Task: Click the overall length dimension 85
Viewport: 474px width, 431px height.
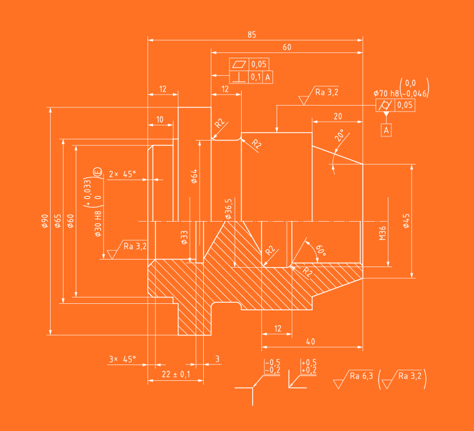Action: click(252, 34)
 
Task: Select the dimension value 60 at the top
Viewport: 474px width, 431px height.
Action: click(286, 47)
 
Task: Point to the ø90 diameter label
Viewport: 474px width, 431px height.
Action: click(45, 221)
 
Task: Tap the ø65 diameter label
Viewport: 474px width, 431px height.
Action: click(58, 221)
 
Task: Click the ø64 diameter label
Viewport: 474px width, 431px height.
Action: click(194, 176)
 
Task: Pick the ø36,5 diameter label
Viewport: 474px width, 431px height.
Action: click(229, 208)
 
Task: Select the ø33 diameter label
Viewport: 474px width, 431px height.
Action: click(184, 237)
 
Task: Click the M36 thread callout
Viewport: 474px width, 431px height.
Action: click(383, 233)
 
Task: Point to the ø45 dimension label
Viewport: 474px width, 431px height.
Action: click(406, 221)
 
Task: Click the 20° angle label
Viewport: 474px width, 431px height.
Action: click(339, 136)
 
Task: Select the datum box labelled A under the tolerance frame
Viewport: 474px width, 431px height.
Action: click(386, 130)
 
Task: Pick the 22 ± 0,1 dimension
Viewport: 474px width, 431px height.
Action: click(175, 374)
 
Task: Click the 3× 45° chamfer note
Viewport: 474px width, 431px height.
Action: click(122, 359)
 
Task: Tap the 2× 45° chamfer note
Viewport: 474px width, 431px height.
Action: click(122, 173)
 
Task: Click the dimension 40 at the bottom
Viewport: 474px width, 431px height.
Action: click(310, 341)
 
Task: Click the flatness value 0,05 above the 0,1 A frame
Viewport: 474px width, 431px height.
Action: click(259, 64)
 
